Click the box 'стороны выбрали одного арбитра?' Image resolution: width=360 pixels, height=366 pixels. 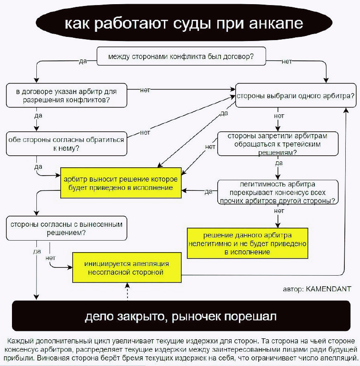295,96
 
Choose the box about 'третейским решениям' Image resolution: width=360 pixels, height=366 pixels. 278,144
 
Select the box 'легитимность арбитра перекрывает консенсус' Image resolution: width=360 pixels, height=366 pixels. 278,192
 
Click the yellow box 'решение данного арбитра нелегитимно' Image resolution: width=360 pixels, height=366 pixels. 247,242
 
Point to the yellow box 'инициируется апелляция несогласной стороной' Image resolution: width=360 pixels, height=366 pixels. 126,267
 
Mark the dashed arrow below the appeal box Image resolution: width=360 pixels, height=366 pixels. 127,291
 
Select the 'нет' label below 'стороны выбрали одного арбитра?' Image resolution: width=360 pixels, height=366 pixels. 279,116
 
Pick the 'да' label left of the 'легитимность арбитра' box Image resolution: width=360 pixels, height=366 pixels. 208,191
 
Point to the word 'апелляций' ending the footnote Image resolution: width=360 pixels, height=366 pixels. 340,358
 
